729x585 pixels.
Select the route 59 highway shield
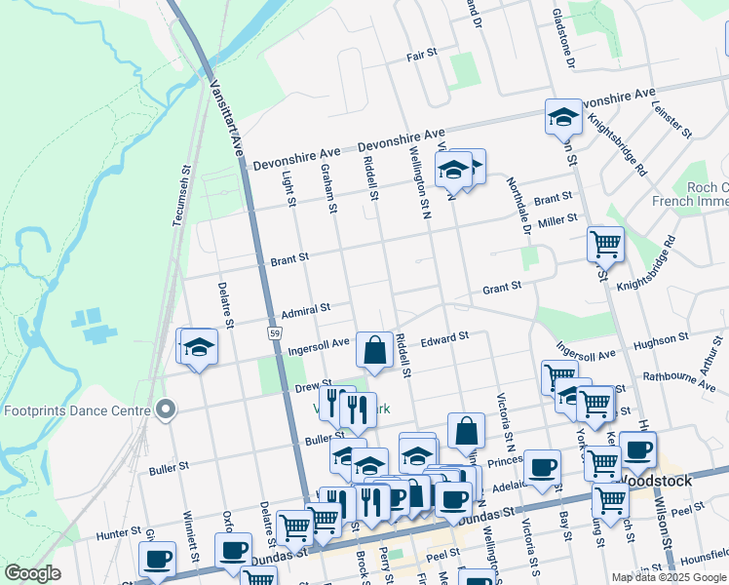276,333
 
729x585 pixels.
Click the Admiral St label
306,311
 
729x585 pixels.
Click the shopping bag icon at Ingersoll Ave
374,348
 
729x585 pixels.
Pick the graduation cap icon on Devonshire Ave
562,118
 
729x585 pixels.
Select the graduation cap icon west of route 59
199,347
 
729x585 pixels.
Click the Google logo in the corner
32,573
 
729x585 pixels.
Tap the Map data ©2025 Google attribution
669,577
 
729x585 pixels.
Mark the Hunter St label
119,534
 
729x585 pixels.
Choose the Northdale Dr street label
518,206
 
